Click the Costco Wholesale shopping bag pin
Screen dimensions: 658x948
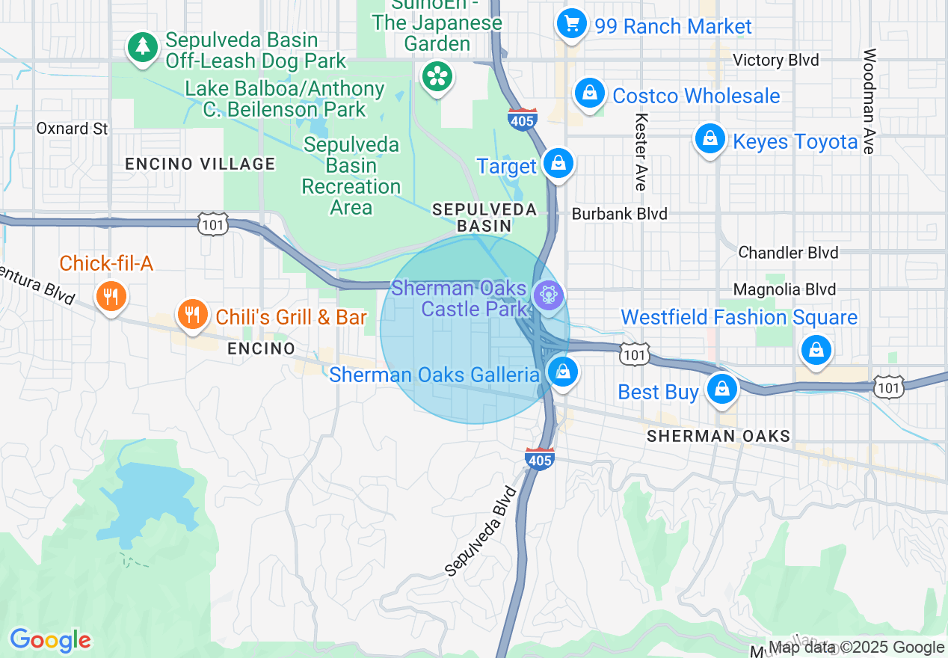pyautogui.click(x=590, y=94)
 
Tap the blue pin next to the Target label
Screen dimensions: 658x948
pyautogui.click(x=558, y=163)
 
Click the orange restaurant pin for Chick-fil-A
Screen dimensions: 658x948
pyautogui.click(x=111, y=296)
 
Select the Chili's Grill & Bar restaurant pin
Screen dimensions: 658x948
pyautogui.click(x=193, y=315)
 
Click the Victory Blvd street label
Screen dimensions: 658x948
pyautogui.click(x=776, y=60)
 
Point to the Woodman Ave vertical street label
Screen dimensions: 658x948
pyautogui.click(x=868, y=101)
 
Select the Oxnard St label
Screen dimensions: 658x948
pyautogui.click(x=73, y=129)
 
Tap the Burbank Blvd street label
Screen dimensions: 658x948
pyautogui.click(x=619, y=214)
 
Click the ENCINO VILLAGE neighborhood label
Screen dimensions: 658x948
pyautogui.click(x=200, y=164)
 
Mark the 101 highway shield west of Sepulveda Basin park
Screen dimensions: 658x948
pyautogui.click(x=213, y=224)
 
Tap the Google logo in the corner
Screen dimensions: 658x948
pyautogui.click(x=50, y=640)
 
